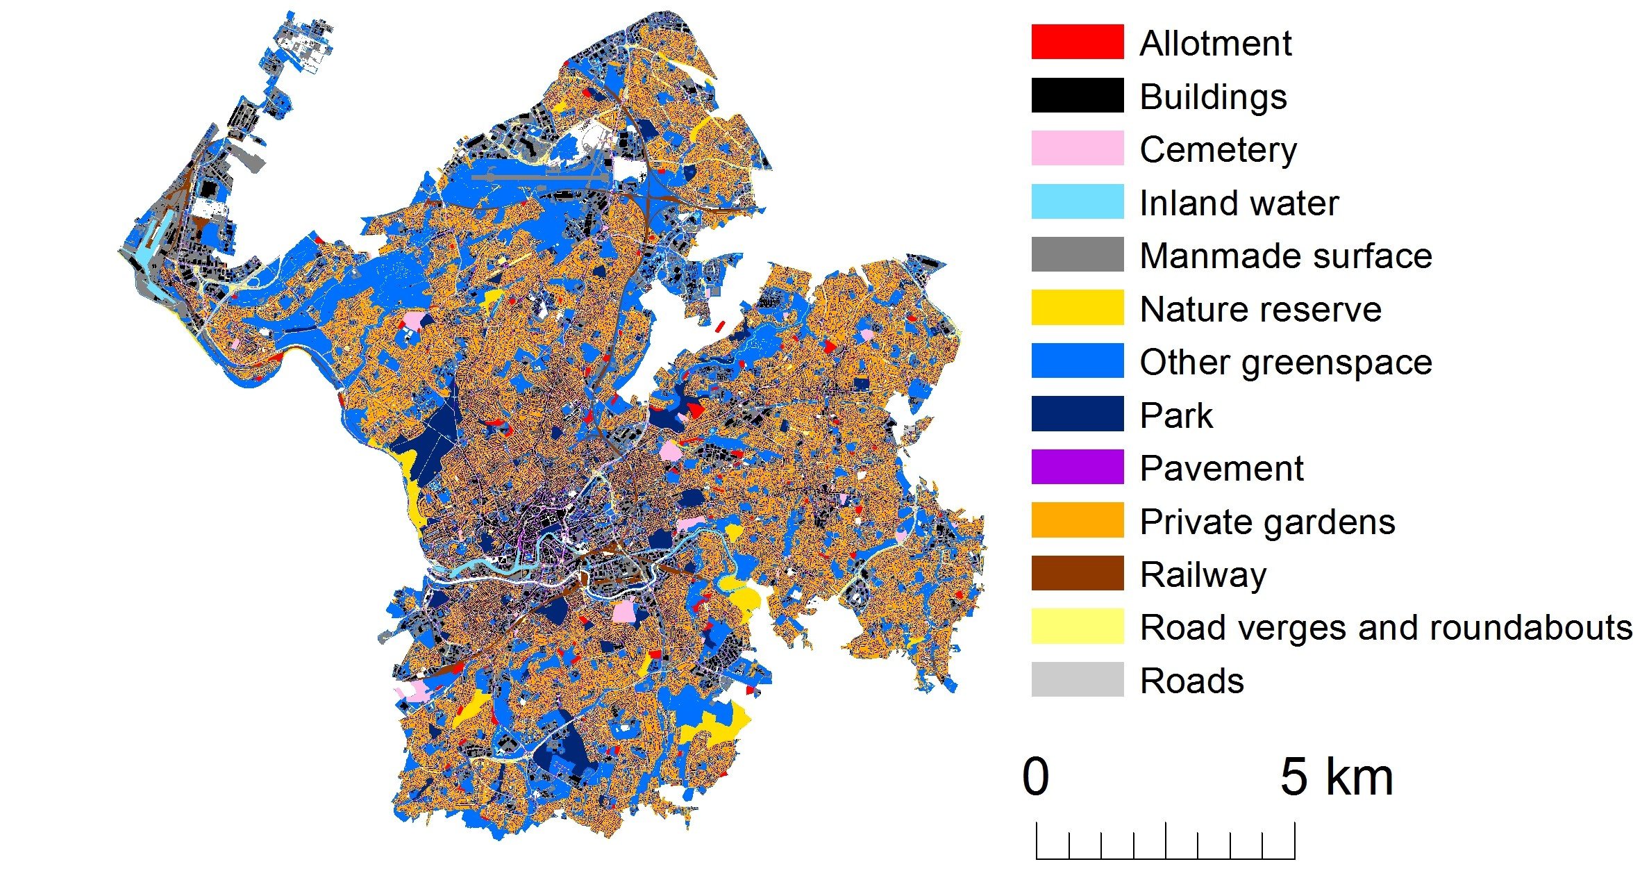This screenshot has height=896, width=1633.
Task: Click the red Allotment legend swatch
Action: (1077, 42)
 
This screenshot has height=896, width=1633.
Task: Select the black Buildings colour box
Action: (1077, 95)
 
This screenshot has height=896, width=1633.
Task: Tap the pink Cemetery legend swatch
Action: (1077, 148)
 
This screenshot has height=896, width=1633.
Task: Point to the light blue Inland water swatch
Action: (1077, 201)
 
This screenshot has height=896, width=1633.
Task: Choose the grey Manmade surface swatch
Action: (1077, 254)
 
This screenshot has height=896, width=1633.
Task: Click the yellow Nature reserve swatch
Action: (1077, 308)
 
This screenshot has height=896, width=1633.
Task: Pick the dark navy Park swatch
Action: (1077, 414)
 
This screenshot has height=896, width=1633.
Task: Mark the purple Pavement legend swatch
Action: (1077, 467)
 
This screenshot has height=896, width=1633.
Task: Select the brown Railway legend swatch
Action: (1077, 573)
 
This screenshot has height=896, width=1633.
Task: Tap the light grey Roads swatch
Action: (1077, 679)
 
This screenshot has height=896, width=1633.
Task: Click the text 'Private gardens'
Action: (1267, 522)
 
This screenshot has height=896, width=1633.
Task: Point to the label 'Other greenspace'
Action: (1286, 362)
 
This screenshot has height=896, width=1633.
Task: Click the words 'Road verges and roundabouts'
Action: (1386, 627)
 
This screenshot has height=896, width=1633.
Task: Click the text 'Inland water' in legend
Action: (1239, 203)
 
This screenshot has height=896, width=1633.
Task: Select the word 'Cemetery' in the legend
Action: (1218, 149)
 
